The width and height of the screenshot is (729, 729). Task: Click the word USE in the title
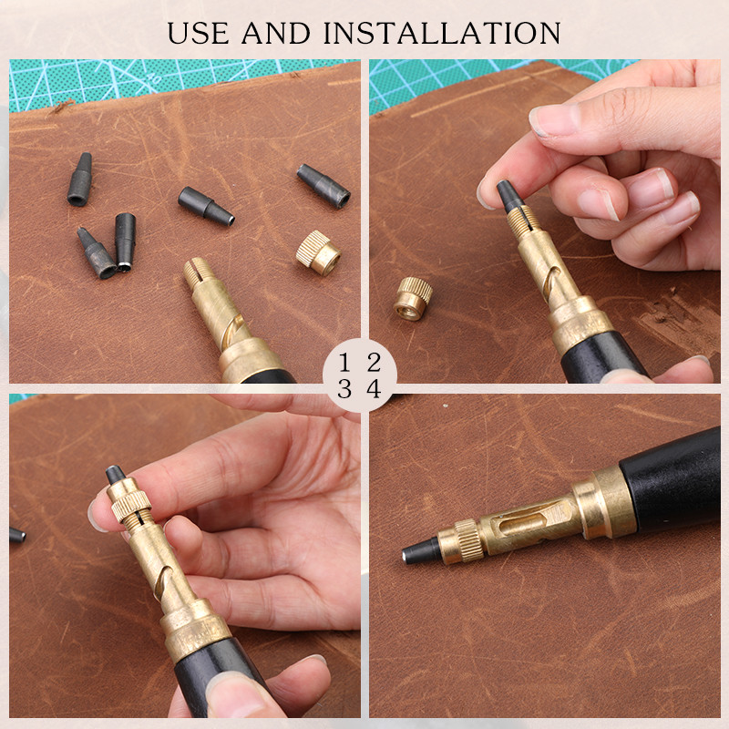coord(198,33)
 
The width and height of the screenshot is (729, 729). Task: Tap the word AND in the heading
coord(276,33)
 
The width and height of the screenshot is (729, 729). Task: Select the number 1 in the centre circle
coord(344,362)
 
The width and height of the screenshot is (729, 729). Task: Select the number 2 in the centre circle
coord(374,362)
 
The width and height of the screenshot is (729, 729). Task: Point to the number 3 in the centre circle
coord(344,389)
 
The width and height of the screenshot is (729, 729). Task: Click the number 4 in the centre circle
coord(375,389)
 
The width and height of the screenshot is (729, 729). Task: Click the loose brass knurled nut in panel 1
coord(318,252)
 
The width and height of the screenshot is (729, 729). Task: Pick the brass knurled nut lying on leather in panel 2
coord(413,299)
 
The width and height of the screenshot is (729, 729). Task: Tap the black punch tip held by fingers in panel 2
coord(510,197)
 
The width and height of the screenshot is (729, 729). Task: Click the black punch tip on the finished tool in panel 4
coord(421,551)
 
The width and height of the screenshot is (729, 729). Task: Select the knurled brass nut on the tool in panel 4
coord(469,539)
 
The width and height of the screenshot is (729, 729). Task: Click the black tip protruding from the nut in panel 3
coord(116,475)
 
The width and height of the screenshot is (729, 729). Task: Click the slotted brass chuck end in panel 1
coord(198,272)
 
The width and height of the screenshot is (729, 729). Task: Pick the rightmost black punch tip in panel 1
coord(323,186)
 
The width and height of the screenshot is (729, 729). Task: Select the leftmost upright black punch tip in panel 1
coord(80,179)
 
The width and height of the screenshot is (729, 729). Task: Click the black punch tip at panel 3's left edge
coord(17,535)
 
